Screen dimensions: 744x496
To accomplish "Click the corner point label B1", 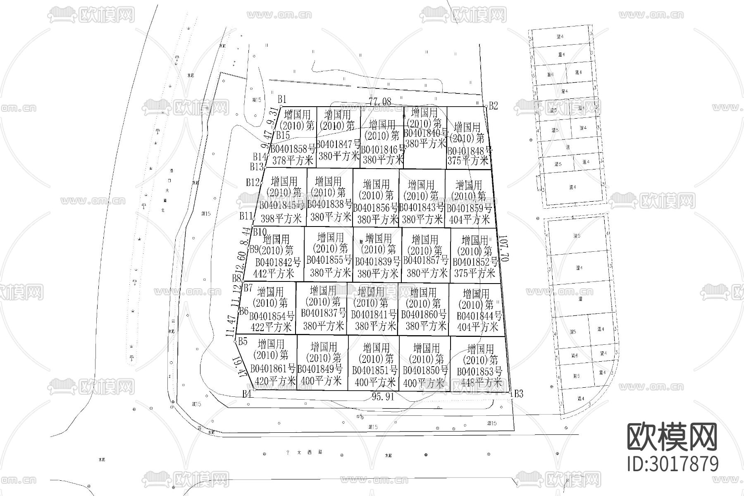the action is [x=282, y=99].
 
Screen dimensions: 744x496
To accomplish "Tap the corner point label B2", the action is [x=493, y=106].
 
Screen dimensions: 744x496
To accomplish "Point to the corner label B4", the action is [x=247, y=394].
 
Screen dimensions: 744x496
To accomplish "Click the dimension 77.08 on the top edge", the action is [x=380, y=102].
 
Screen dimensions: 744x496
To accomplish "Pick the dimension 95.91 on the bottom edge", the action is [x=383, y=397].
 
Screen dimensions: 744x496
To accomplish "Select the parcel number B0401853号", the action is [x=479, y=371].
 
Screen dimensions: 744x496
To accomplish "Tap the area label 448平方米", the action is [x=481, y=382].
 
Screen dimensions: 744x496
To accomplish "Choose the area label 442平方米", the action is [x=274, y=273].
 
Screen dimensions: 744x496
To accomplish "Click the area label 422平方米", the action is [x=271, y=328].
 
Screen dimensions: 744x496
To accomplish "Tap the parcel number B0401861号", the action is [x=273, y=368].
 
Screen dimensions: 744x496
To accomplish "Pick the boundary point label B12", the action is [x=253, y=182].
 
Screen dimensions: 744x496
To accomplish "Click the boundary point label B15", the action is [x=283, y=135].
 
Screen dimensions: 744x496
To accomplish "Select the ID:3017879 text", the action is [x=672, y=464].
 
